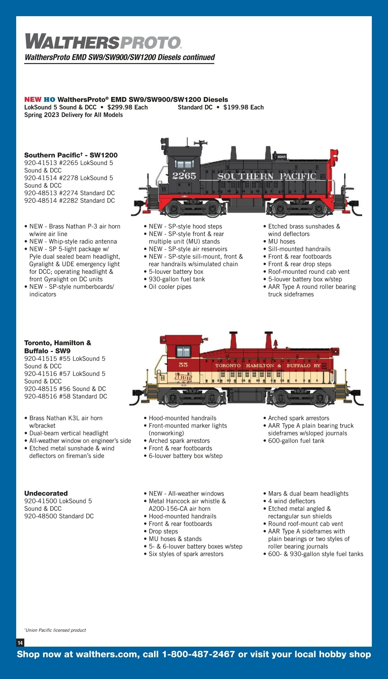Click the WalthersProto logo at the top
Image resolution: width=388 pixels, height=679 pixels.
point(103,42)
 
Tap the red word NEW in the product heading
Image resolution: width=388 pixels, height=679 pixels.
point(33,100)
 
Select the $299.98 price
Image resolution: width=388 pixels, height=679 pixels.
point(127,107)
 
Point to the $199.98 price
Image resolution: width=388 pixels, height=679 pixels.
point(243,107)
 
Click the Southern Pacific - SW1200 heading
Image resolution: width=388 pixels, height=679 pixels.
point(71,155)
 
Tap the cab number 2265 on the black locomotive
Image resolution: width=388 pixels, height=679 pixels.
point(184,176)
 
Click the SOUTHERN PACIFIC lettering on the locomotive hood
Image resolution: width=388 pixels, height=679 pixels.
point(266,176)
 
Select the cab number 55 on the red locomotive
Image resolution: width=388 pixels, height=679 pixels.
point(183,365)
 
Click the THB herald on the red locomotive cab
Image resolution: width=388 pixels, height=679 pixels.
point(183,377)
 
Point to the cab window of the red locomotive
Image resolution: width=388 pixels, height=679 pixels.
point(183,351)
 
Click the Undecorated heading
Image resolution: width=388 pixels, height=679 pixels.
point(46,493)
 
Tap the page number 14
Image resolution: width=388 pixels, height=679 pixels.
point(20,643)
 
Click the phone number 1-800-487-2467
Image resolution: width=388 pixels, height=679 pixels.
point(198,654)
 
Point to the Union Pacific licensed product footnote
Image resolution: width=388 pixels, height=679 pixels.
point(56,630)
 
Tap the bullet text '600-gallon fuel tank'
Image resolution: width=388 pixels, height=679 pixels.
point(296,441)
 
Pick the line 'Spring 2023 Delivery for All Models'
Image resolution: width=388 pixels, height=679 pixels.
point(73,115)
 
